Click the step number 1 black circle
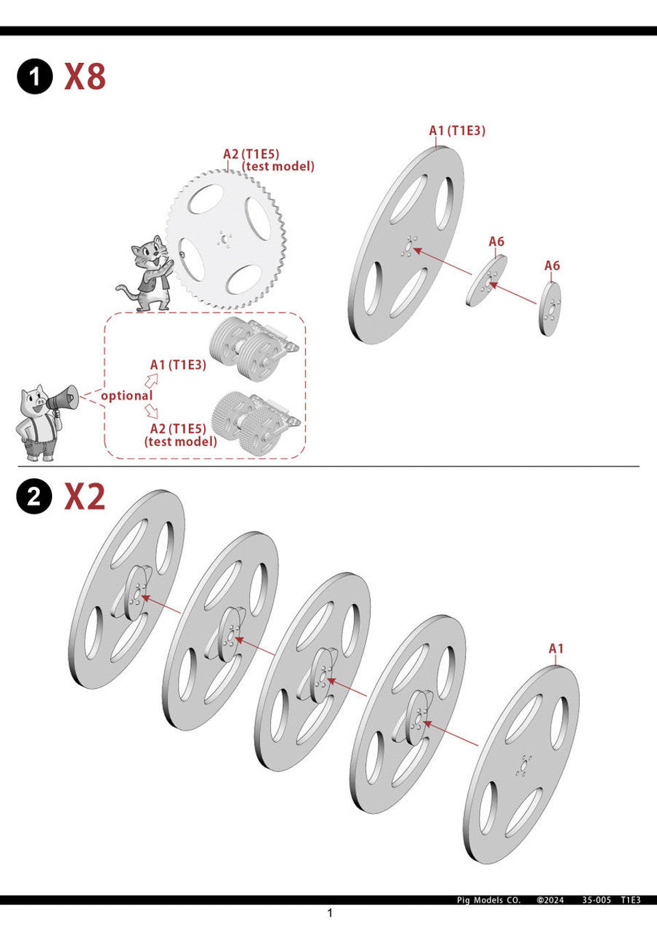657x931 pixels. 34,76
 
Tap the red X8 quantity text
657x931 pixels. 85,76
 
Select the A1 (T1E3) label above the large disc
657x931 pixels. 456,130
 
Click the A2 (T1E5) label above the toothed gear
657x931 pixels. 251,154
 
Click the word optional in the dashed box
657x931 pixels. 127,395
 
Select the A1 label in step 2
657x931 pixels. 556,648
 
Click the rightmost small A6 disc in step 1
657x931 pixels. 550,309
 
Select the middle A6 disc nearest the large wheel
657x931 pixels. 487,280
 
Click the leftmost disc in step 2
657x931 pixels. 127,588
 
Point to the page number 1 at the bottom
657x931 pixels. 330,913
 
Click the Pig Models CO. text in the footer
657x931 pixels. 489,900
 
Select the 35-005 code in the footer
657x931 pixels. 596,900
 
